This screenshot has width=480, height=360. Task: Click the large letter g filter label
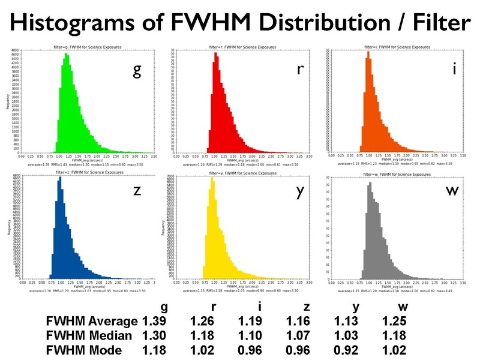pos(137,71)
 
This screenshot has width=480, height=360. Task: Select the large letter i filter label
pos(455,68)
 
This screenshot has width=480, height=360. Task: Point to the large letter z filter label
pos(137,191)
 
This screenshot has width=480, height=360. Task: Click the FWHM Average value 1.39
pos(154,322)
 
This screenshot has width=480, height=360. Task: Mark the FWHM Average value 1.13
pos(347,322)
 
